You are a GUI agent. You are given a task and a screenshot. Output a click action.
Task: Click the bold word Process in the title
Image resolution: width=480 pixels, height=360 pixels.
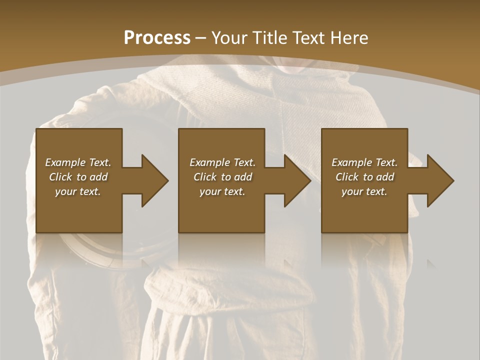[x=157, y=37]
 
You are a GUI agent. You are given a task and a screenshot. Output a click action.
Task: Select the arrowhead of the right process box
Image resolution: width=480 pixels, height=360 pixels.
[x=439, y=180]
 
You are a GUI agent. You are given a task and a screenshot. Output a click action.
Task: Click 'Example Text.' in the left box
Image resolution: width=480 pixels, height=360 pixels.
[x=78, y=162]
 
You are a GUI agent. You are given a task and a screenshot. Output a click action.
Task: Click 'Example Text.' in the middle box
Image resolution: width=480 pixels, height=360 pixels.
[x=222, y=162]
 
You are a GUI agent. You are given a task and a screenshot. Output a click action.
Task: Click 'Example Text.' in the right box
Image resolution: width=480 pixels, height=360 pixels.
[x=364, y=162]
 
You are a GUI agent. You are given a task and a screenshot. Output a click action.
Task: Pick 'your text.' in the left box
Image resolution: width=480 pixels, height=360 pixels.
[x=78, y=191]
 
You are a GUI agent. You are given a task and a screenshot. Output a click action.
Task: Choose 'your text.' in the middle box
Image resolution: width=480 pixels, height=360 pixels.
[x=222, y=191]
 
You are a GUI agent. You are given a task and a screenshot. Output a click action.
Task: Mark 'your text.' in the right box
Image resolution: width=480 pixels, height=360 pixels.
[x=364, y=191]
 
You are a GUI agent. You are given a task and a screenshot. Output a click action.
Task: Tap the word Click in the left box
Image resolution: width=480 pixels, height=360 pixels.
[x=60, y=177]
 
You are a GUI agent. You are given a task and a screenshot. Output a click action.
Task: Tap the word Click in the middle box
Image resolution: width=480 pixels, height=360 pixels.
[x=205, y=177]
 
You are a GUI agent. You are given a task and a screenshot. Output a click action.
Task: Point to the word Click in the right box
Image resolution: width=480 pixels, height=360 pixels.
[x=347, y=177]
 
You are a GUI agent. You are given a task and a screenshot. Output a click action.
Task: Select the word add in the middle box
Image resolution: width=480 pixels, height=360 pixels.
[x=243, y=177]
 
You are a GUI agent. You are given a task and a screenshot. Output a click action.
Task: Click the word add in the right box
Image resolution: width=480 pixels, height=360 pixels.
[x=385, y=177]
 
